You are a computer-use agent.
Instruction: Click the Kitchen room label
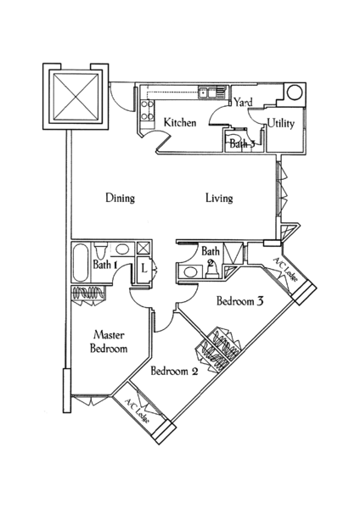(180, 123)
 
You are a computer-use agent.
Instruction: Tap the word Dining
(121, 198)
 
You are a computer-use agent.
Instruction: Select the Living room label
(219, 198)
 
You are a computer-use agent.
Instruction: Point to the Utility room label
(281, 123)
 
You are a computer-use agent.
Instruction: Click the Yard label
(243, 103)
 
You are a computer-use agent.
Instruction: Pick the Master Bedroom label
(109, 342)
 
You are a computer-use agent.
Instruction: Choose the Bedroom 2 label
(174, 371)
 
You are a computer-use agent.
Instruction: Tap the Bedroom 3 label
(240, 301)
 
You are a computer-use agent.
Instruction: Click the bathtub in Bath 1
(81, 263)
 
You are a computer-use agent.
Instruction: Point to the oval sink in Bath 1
(122, 249)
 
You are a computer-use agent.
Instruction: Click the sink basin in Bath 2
(190, 271)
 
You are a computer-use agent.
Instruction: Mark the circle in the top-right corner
(295, 92)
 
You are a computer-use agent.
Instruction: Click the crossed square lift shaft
(76, 97)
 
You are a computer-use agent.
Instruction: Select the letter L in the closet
(144, 269)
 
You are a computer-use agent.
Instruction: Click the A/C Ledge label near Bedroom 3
(285, 270)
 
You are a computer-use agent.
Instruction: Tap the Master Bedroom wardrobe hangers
(88, 293)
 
